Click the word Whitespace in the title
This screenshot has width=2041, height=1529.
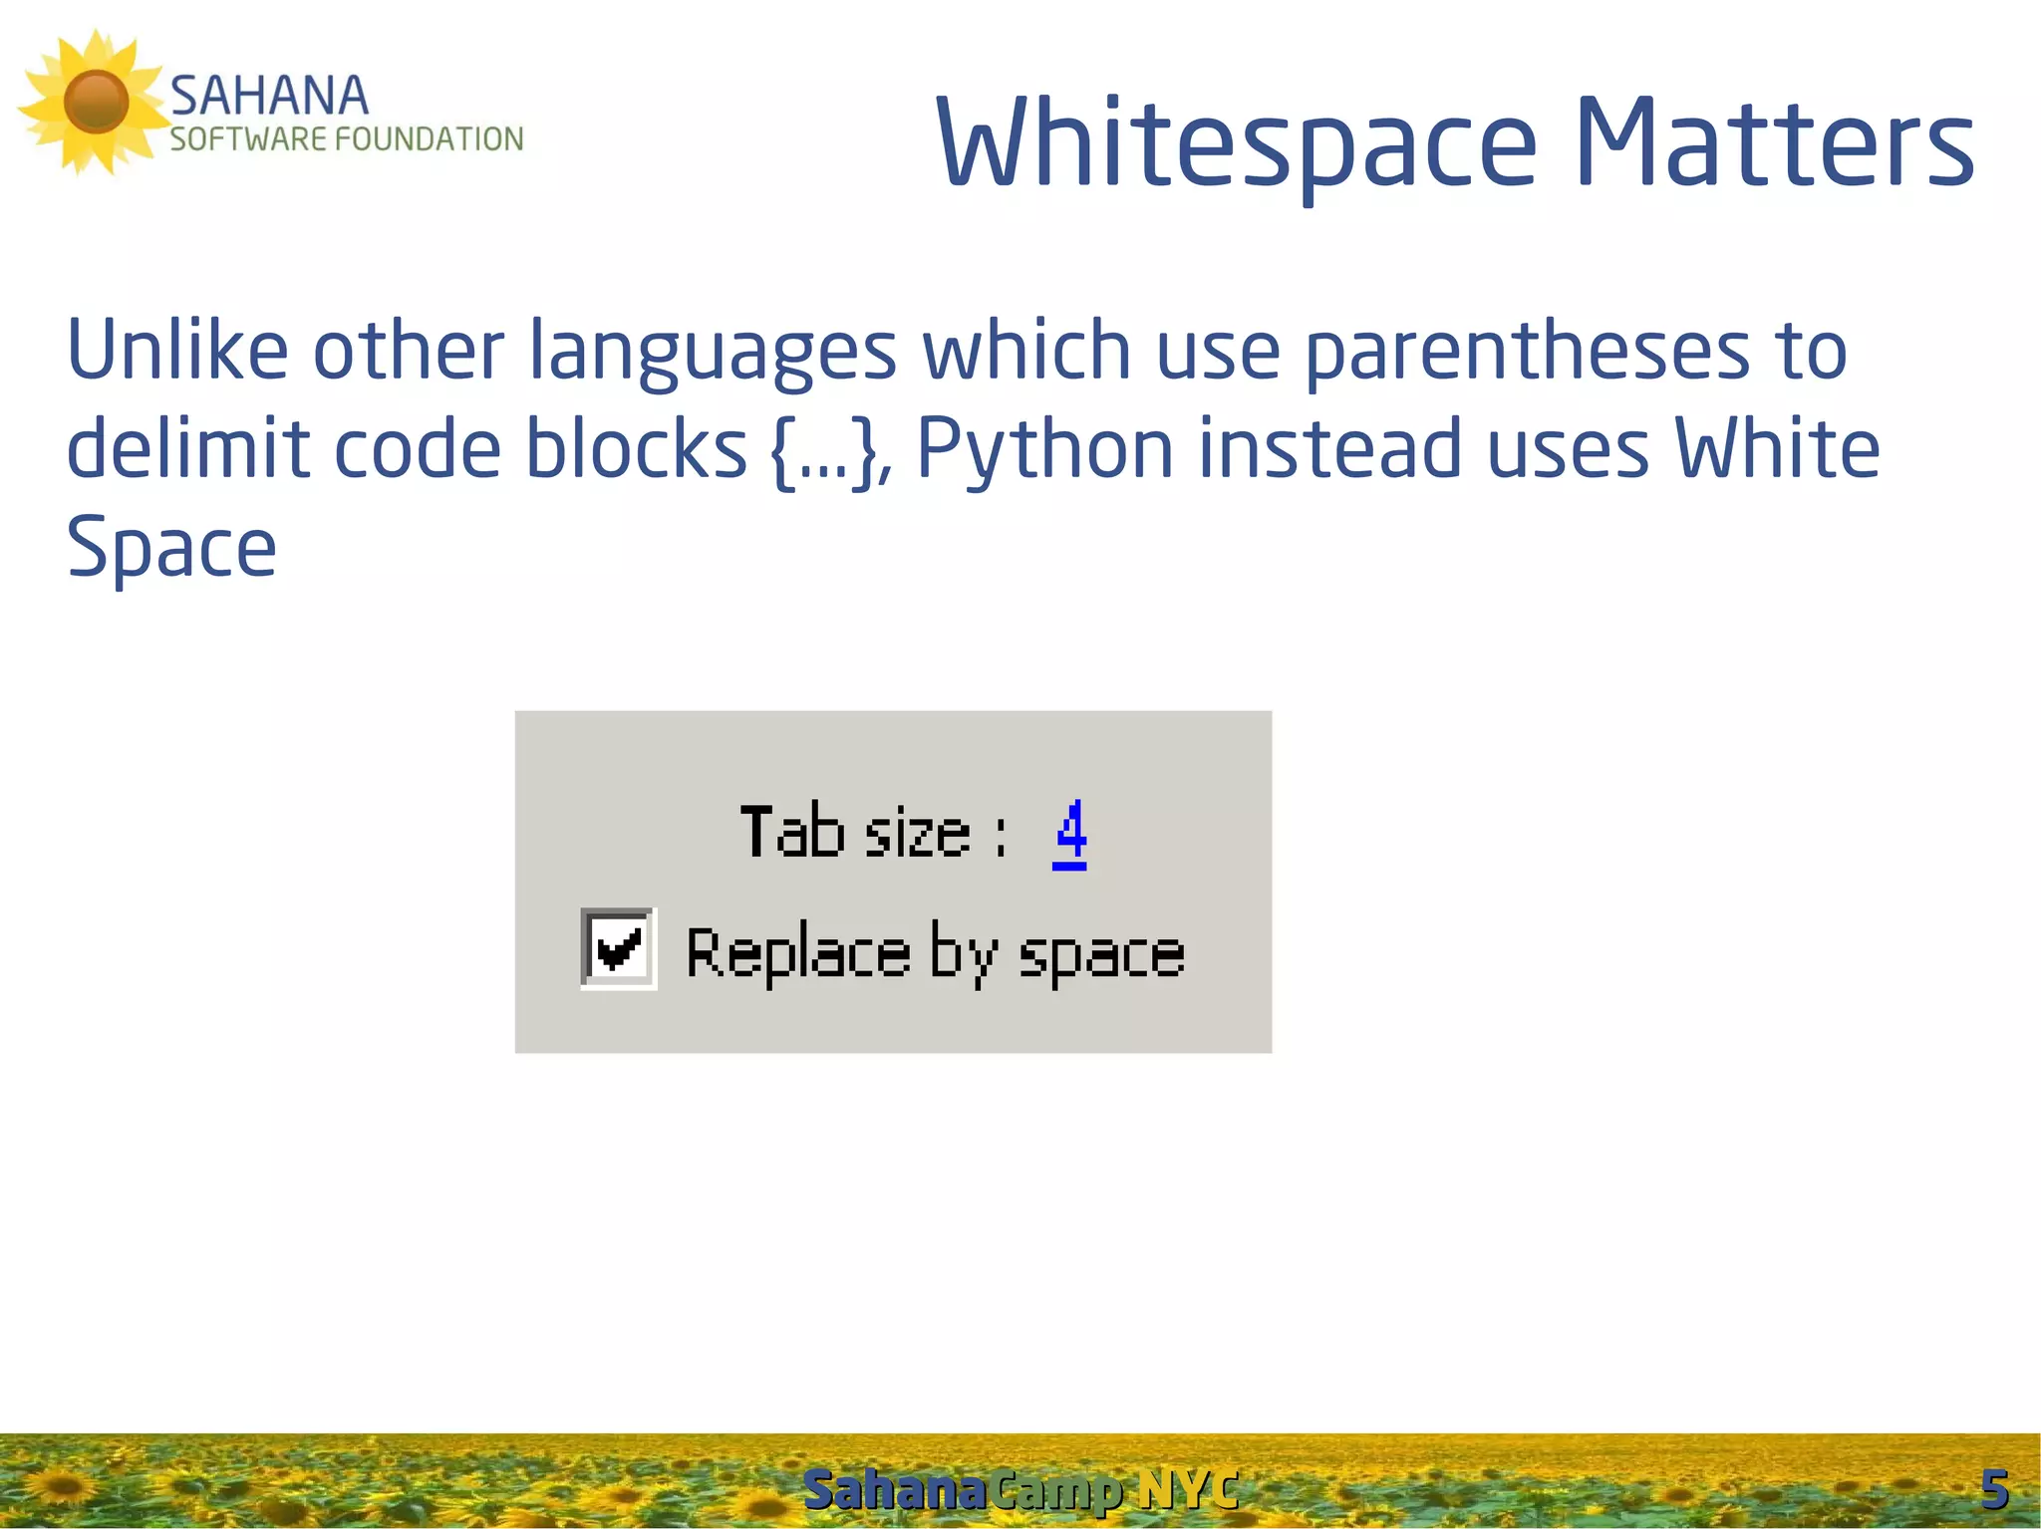tap(1236, 144)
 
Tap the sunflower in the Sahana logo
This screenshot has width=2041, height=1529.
tap(95, 102)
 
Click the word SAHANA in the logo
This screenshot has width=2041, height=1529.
tap(269, 97)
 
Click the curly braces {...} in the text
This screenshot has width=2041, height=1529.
tap(824, 451)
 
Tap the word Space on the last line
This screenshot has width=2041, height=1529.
tap(170, 549)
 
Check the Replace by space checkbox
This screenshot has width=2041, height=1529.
tap(618, 947)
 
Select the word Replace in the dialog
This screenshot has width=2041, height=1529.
tap(798, 954)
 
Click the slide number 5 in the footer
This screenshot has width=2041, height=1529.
tap(1993, 1490)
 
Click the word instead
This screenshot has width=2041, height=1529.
tap(1329, 450)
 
